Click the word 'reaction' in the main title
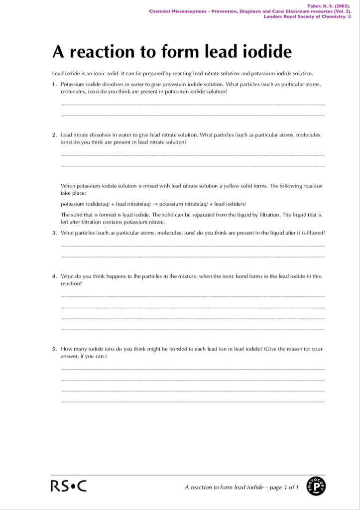101,52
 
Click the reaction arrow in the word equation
155,204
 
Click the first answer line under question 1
192,104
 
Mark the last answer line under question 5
192,401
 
